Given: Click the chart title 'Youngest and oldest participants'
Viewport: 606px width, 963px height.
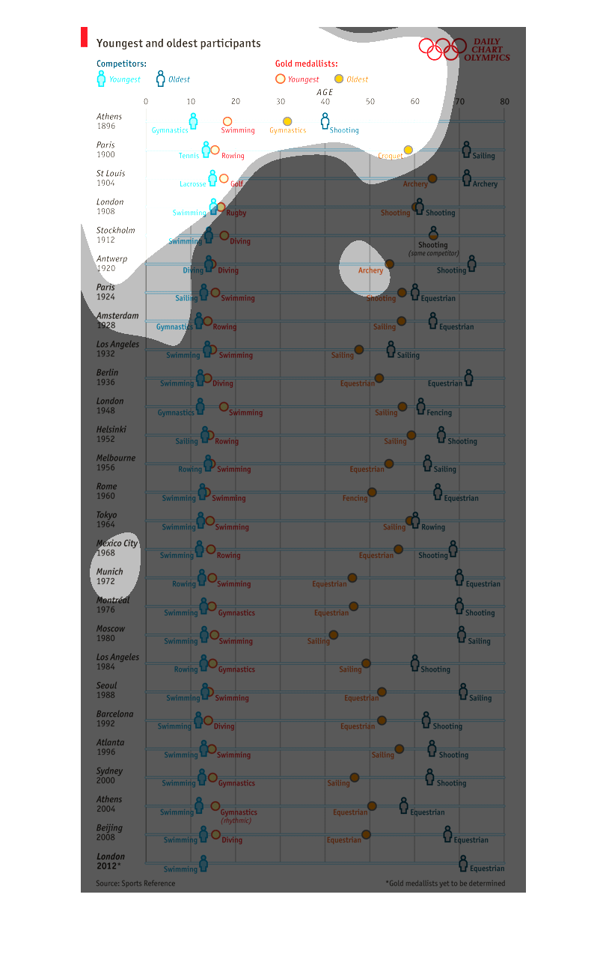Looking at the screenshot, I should tap(178, 43).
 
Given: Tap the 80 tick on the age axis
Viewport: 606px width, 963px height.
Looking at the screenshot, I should tap(504, 102).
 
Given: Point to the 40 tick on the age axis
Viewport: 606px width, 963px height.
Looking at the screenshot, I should tap(325, 102).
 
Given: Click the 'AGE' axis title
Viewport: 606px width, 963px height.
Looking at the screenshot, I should tap(325, 92).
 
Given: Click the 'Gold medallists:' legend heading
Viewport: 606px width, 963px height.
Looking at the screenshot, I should tap(306, 64).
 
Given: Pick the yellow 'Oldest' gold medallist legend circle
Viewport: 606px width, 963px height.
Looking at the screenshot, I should tap(339, 79).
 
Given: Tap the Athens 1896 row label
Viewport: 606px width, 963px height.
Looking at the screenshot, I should tap(109, 121).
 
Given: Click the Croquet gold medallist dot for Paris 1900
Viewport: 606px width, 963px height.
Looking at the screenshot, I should tap(408, 150).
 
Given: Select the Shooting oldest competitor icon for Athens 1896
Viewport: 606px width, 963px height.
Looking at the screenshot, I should tap(325, 121).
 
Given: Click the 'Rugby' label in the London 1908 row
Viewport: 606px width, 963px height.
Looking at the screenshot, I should tap(236, 213).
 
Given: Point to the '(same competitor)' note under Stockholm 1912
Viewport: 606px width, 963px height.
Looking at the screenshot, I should tap(433, 253).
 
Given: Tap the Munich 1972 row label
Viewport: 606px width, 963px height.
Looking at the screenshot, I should tap(109, 576).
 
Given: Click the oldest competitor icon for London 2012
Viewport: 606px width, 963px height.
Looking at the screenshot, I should tap(463, 863).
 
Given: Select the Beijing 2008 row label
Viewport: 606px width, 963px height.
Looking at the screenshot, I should tap(109, 832).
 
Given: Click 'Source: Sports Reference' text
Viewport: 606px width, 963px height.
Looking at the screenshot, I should tap(135, 883).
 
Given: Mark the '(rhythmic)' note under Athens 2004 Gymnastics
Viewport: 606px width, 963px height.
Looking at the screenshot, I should tap(236, 820).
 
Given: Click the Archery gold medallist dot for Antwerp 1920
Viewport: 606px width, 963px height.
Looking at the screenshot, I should tap(389, 264).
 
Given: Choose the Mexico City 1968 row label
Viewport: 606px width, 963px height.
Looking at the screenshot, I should tap(117, 547).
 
